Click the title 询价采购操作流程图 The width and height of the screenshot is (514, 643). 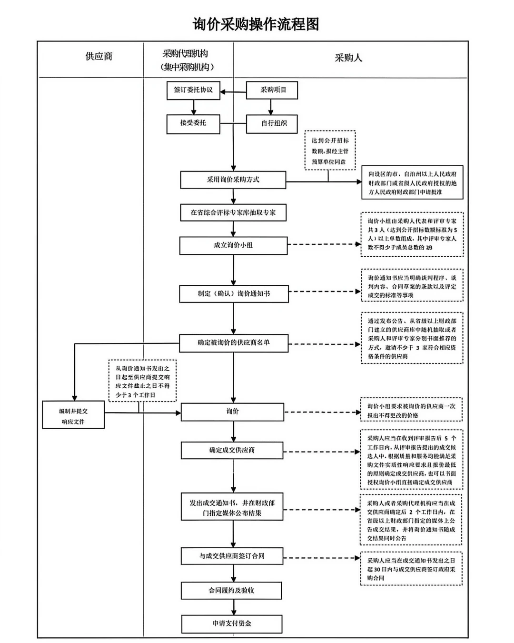256,24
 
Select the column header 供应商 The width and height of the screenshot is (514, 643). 99,57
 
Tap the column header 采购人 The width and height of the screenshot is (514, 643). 348,58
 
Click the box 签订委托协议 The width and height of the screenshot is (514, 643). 193,90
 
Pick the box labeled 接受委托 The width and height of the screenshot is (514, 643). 193,123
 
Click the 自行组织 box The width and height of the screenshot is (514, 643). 272,124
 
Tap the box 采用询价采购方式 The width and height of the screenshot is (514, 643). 233,180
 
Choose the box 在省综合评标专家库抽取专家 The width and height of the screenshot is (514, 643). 233,212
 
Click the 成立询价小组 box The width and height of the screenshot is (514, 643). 233,245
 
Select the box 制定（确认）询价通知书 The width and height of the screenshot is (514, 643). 234,294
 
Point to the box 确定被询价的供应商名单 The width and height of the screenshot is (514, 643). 234,343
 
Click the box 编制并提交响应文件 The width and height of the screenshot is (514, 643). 73,415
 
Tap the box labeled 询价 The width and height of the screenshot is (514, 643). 233,412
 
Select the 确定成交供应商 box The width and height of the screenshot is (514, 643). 232,450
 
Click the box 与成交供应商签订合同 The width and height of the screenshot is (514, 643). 232,556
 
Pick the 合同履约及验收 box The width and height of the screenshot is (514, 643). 231,591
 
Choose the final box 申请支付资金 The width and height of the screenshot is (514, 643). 232,624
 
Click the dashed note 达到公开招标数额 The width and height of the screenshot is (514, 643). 330,151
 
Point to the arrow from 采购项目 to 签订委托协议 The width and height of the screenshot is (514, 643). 233,92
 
